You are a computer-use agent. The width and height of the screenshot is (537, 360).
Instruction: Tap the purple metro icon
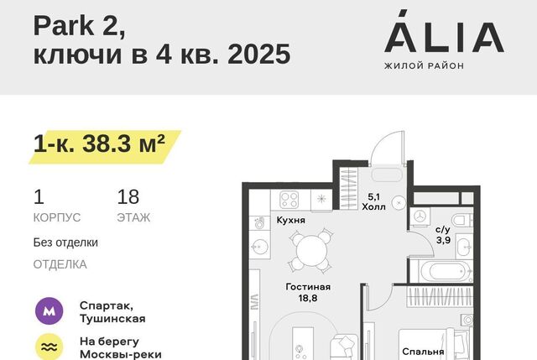point(50,311)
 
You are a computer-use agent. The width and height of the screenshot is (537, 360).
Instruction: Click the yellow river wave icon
point(50,347)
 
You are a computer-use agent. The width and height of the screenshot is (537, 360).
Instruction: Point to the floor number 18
point(128,197)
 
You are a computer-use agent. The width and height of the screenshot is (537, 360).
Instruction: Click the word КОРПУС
point(57,217)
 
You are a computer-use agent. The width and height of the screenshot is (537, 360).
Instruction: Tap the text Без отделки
point(65,243)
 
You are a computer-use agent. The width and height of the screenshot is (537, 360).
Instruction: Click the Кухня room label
point(291,220)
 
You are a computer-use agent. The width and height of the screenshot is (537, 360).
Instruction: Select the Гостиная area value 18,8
point(308,299)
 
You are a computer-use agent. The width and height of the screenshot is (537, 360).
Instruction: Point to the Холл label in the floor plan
point(373,207)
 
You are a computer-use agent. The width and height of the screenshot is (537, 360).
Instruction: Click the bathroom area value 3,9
point(443,240)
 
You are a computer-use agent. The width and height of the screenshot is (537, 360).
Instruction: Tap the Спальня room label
point(423,352)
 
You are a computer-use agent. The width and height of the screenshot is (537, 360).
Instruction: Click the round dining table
point(311,251)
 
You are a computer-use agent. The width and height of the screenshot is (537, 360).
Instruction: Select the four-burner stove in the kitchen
point(289,200)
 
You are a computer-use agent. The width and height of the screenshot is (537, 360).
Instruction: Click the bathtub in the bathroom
point(446,272)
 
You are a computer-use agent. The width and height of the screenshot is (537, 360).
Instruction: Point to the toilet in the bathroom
point(463,220)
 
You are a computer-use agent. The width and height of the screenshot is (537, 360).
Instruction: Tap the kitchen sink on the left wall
point(260,246)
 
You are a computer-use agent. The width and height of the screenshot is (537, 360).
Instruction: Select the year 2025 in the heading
point(259,54)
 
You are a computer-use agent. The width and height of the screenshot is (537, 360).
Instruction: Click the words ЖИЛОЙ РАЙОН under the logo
point(424,65)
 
